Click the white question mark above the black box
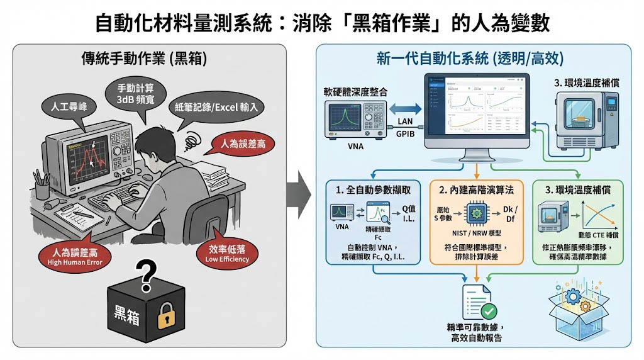point(147,275)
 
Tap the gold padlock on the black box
point(165,318)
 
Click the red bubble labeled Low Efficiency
point(225,254)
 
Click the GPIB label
point(404,135)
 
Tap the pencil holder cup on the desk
point(42,188)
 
